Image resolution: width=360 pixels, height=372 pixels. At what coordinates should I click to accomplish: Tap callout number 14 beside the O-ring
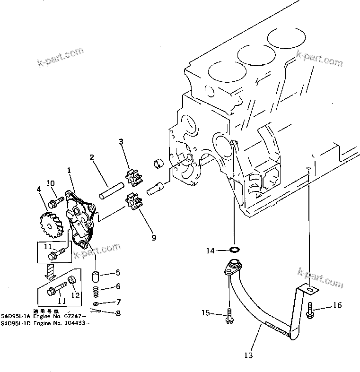click(x=210, y=251)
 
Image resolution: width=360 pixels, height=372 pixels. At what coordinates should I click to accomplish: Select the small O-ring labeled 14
click(x=234, y=250)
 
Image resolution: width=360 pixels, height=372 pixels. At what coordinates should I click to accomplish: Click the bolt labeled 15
click(x=229, y=315)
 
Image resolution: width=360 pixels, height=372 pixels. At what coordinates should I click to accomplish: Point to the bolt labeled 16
click(x=310, y=310)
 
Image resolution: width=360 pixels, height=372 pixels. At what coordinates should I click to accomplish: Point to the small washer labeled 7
click(x=96, y=302)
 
